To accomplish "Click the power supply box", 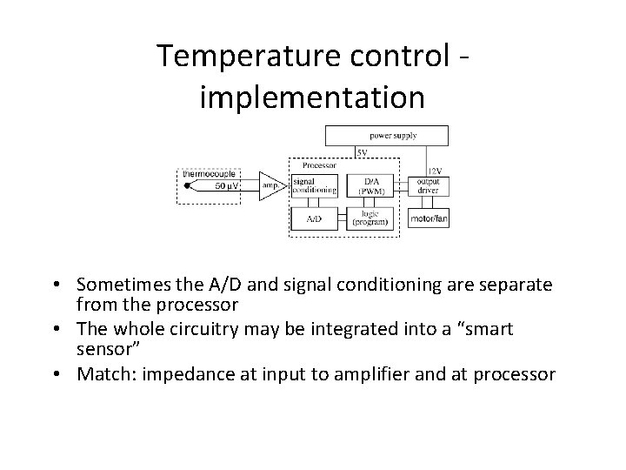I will (x=387, y=135).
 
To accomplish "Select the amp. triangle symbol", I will (x=270, y=186).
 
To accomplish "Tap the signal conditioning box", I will (x=314, y=185).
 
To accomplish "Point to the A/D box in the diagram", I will (x=314, y=218).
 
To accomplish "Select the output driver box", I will (x=428, y=185).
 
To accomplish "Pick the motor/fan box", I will (x=428, y=218).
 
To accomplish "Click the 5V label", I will (x=362, y=152).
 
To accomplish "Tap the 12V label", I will (x=436, y=171).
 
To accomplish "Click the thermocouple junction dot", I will (x=187, y=186).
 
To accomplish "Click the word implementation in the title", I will (x=312, y=96).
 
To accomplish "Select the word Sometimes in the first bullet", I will (x=121, y=285).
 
